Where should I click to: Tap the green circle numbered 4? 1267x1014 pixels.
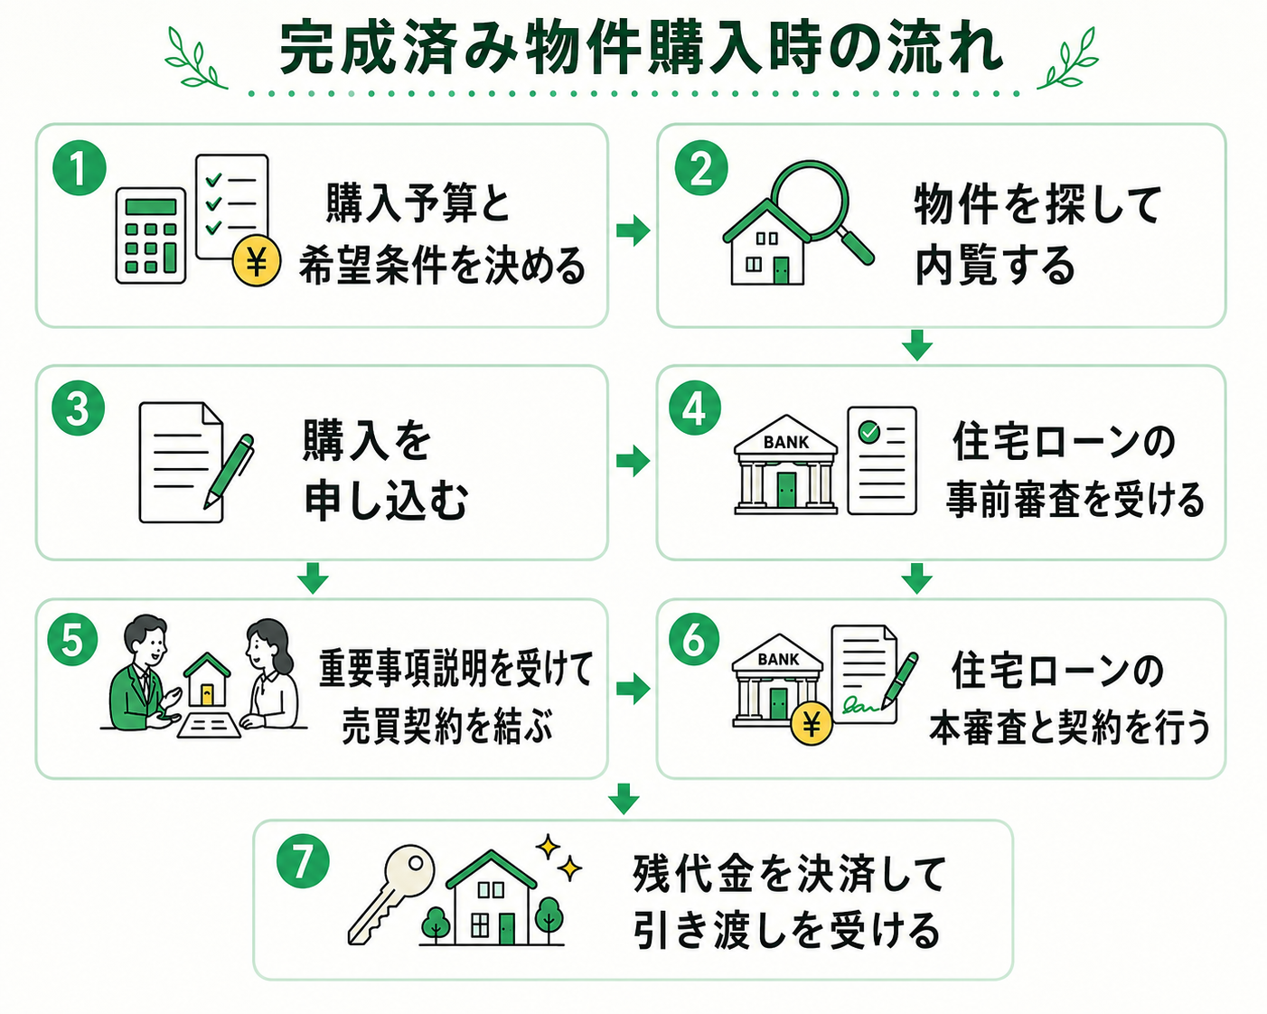[695, 408]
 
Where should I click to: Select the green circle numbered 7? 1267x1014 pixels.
[303, 862]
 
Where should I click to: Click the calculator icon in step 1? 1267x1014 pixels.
[151, 236]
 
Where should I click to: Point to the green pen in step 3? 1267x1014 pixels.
[229, 471]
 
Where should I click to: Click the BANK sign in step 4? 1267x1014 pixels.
[785, 442]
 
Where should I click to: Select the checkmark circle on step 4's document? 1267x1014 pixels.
[869, 432]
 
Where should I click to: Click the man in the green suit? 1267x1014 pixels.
[141, 673]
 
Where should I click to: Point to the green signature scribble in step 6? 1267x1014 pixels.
[860, 704]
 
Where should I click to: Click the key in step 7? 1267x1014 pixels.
[390, 895]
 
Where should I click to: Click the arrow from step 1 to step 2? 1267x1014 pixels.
[633, 230]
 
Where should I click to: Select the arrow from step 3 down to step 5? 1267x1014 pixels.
[313, 578]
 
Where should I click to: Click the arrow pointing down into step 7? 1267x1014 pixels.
[624, 799]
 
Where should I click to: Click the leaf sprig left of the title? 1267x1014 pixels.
[195, 59]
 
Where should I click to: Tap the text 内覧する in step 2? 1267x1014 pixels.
[995, 267]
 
